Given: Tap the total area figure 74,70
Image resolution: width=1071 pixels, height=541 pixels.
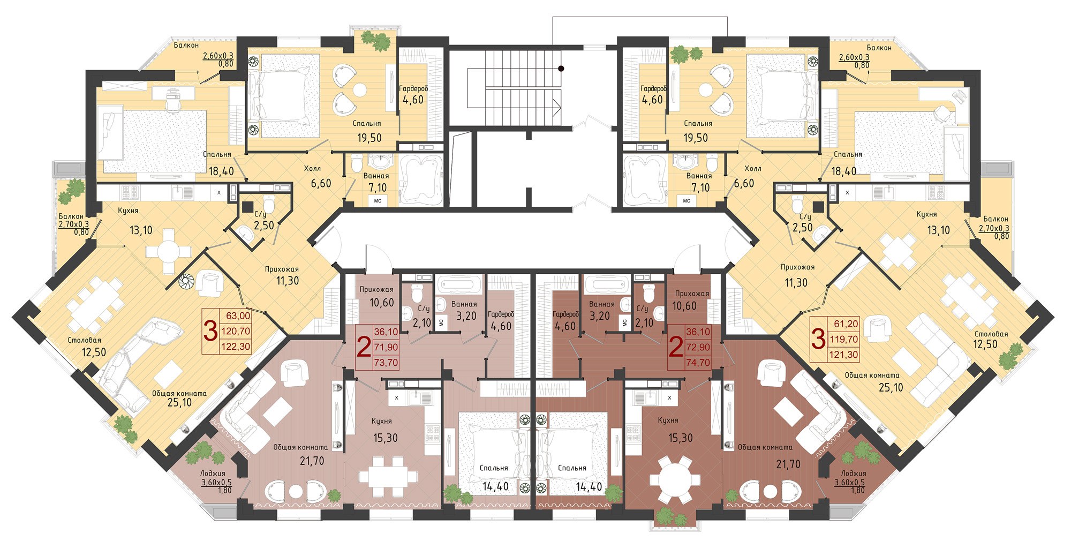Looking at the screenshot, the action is pos(698,363).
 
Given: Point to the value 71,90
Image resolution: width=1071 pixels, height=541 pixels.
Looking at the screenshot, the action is pos(386,347).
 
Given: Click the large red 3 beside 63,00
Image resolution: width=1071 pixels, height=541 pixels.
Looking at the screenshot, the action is pos(211,331).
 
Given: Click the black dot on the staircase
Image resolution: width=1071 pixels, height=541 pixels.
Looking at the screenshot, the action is pos(561,68).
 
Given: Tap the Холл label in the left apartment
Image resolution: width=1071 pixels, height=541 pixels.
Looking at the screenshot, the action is pos(313,169).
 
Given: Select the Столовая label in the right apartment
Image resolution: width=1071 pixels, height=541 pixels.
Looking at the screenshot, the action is pos(991,334).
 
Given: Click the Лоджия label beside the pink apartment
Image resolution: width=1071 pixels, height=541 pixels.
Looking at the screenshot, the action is pos(213,474).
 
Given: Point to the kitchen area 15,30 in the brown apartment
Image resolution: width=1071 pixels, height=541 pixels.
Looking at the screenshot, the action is pos(681,438).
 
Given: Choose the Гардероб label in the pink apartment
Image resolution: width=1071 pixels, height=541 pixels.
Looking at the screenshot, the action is pos(501,314).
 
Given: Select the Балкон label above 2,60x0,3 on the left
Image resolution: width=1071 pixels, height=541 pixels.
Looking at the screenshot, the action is pos(186,46).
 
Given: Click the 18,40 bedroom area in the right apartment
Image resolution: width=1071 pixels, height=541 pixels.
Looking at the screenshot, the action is pos(844,171).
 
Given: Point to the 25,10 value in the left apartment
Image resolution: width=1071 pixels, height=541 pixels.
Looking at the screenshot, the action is pos(179,402).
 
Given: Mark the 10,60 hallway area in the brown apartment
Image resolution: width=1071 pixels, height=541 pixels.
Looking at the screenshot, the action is pos(685,306).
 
